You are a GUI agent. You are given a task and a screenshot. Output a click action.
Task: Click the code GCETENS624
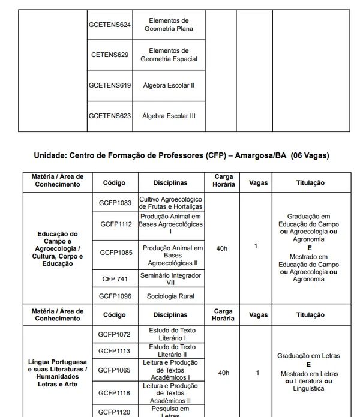point(110,25)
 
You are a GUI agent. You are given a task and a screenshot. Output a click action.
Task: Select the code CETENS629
point(110,55)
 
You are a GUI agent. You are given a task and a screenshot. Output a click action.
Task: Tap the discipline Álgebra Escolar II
point(169,85)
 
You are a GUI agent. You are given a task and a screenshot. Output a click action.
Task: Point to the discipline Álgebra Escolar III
point(169,116)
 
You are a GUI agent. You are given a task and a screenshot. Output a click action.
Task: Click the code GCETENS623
point(110,116)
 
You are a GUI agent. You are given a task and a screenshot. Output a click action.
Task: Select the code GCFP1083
point(115,203)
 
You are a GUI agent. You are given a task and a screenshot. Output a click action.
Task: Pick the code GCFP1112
point(115,224)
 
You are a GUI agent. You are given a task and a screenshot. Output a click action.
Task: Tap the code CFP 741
point(115,279)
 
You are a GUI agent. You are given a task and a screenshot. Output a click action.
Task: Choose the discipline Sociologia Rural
point(170,296)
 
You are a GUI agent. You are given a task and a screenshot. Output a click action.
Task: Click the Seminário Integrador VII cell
point(170,279)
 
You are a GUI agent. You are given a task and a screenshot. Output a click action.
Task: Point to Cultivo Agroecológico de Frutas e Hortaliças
point(170,203)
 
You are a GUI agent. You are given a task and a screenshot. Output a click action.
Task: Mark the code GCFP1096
point(115,296)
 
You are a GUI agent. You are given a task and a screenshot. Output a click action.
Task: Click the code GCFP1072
point(115,334)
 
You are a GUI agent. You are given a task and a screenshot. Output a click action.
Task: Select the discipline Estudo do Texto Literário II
point(170,351)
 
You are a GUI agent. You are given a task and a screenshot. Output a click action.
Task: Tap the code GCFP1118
point(115,392)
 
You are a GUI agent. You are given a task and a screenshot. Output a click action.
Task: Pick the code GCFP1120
point(115,412)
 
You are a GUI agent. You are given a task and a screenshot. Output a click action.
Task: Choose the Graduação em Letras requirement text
point(308,356)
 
